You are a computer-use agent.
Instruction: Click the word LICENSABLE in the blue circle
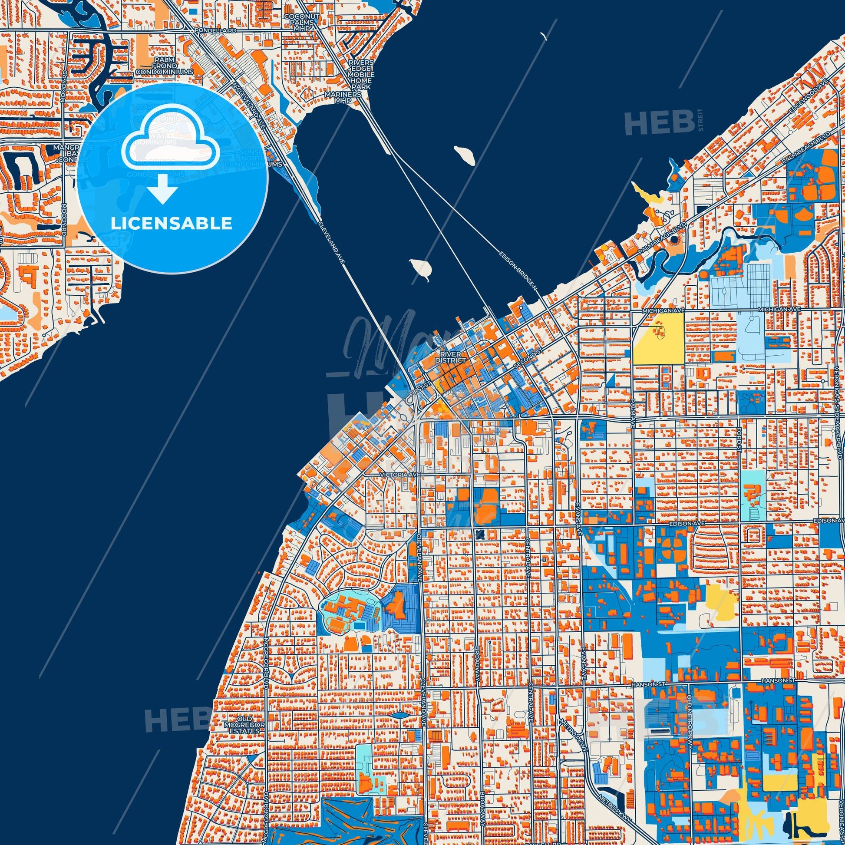(x=172, y=224)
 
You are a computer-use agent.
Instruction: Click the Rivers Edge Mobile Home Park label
(x=361, y=75)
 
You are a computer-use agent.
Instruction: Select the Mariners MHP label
(x=348, y=97)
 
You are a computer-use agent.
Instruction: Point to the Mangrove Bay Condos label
(x=66, y=153)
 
